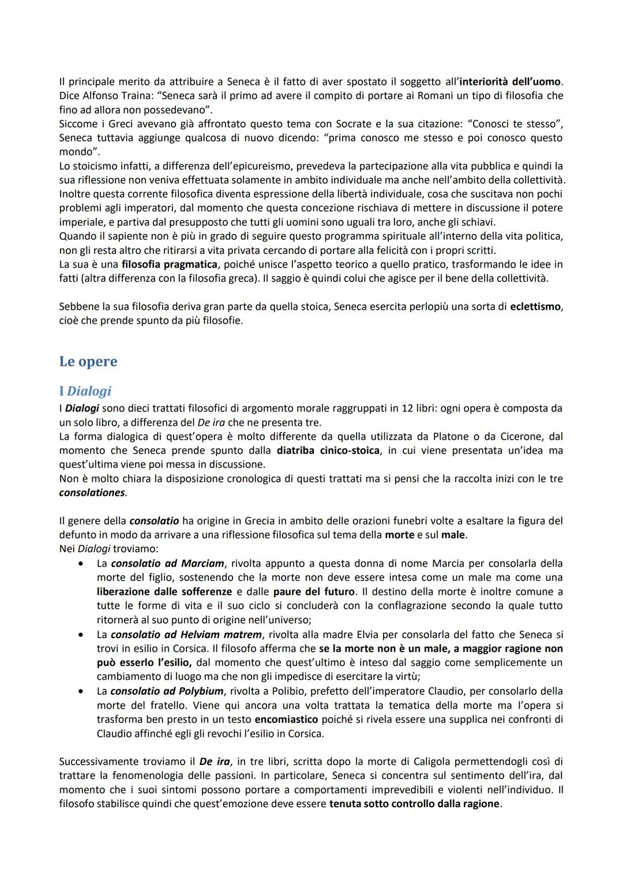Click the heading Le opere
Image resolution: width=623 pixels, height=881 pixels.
[88, 362]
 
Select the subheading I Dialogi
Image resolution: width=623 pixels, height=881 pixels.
[85, 391]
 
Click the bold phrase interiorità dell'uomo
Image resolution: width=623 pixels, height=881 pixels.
[511, 81]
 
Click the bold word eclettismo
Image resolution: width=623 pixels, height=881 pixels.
[535, 306]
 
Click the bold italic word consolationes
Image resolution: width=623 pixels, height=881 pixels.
[92, 493]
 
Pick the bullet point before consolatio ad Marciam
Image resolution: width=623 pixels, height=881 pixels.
[82, 563]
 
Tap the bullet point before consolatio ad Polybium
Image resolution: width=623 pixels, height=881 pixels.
[82, 691]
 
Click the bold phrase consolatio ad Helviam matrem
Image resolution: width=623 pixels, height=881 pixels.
[186, 635]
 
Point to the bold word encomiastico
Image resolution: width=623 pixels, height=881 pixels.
[286, 719]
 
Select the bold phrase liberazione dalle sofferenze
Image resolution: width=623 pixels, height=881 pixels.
[164, 591]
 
